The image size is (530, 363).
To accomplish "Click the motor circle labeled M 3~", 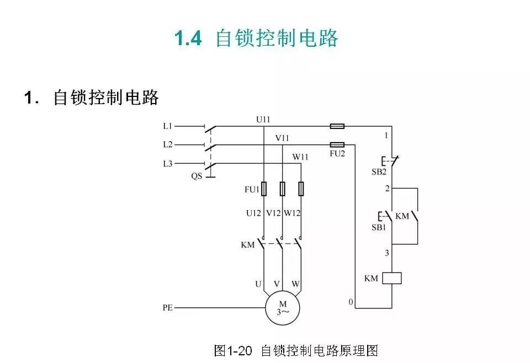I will [283, 307].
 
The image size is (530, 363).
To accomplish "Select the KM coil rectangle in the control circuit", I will [392, 278].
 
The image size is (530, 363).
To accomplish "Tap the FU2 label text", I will [337, 154].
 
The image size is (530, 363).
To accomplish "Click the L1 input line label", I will [168, 126].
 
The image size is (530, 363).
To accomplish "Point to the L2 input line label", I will [168, 145].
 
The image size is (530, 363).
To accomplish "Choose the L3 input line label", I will [168, 164].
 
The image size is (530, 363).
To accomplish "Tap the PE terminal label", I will [168, 307].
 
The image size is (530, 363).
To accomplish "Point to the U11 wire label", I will [263, 119].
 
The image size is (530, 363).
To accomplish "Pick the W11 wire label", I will [301, 157].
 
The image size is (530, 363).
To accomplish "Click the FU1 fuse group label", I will [252, 189].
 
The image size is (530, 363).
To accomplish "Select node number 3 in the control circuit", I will [387, 253].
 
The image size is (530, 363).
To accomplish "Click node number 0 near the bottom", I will [350, 302].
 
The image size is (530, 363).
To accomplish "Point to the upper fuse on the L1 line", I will [337, 126].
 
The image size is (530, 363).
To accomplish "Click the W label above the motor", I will [296, 284].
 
